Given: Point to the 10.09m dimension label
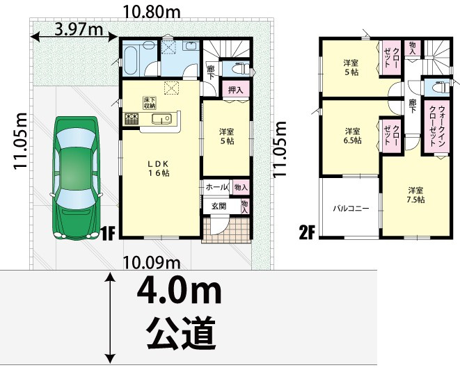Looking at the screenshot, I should click(151, 262).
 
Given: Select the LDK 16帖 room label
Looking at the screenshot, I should click(159, 168).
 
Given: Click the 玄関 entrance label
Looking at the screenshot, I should click(219, 206).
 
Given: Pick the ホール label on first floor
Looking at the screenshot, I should click(216, 187).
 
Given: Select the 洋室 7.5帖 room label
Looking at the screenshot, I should click(416, 195).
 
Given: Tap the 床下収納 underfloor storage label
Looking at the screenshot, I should click(150, 102).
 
